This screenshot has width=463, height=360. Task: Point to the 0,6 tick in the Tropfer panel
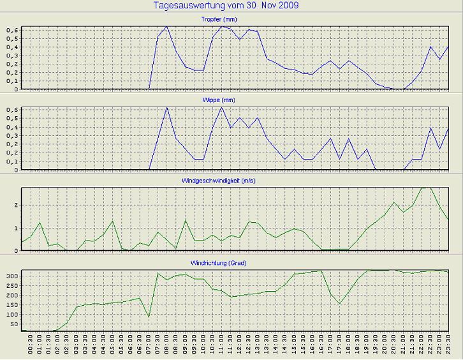pos(13,30)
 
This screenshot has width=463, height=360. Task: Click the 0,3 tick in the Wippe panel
pos(13,136)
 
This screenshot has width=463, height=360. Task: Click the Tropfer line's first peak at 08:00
pos(166,27)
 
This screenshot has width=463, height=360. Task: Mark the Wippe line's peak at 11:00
pos(221,107)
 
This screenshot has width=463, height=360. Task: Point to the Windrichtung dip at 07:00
pos(149,316)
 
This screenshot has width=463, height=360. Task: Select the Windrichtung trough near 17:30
pos(340,303)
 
